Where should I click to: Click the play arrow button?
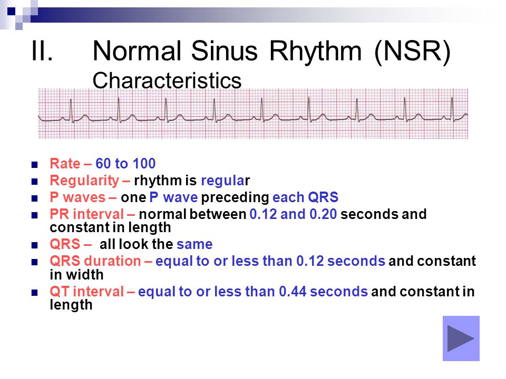pos(461,338)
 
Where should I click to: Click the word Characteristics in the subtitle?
pos(167,80)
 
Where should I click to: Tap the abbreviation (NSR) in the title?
pos(412,51)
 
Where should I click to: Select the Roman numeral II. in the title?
pos(42,51)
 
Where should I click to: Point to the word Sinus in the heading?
pos(225,51)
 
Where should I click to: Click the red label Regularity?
pos(84,181)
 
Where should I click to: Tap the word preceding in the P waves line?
pos(235,197)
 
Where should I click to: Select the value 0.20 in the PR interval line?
pos(323,214)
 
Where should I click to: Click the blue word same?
pos(194,244)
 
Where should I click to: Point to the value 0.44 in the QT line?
pos(293,291)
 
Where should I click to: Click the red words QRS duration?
pos(95,261)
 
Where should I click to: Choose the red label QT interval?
pos(87,291)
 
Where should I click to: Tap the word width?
pos(85,275)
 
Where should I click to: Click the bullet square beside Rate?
pos(35,165)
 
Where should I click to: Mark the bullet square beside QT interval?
pos(35,293)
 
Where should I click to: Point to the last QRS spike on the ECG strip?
pos(452,109)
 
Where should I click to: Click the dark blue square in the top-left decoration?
pos(11,12)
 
